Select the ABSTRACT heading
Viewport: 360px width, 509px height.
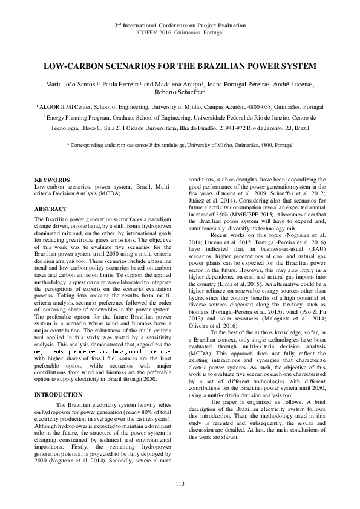[x=50, y=209]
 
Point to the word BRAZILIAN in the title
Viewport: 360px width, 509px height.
[x=227, y=66]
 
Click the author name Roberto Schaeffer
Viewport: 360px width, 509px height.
[x=180, y=93]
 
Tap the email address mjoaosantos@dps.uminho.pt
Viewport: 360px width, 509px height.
[x=146, y=146]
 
